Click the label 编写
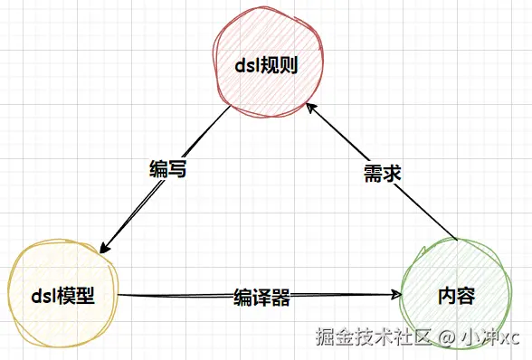coord(167,168)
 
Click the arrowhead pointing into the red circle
coord(311,108)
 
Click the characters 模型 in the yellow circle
coord(77,295)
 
